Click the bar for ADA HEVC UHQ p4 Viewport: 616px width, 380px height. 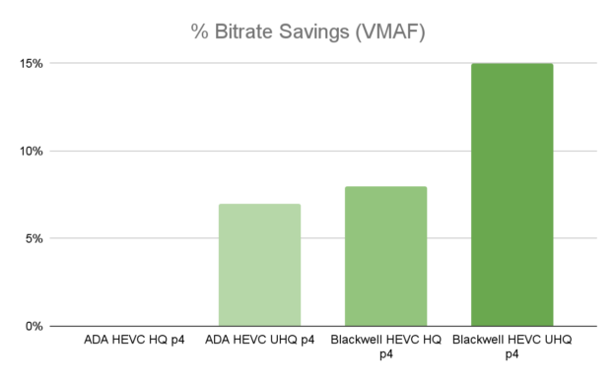click(x=259, y=264)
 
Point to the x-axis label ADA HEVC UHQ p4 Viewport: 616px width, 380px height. click(x=259, y=341)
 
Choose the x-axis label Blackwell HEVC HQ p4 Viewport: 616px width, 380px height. click(x=385, y=347)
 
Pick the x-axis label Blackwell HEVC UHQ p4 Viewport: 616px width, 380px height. click(x=512, y=347)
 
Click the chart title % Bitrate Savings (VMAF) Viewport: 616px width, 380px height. click(x=308, y=32)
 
